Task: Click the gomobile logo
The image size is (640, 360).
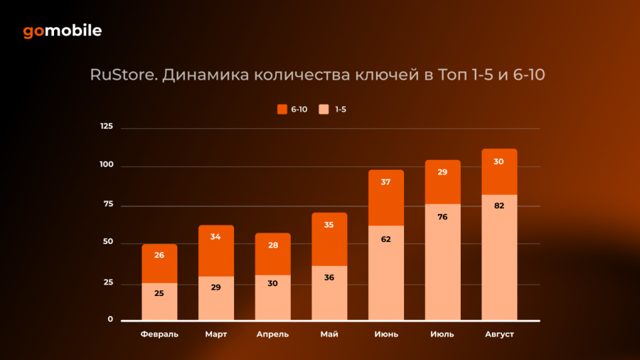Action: tap(62, 31)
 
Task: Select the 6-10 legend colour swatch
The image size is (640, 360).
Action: tap(282, 109)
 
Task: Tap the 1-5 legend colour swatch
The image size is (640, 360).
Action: tap(324, 109)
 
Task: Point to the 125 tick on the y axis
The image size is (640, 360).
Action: tap(107, 127)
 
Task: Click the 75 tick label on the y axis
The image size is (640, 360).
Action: tap(108, 204)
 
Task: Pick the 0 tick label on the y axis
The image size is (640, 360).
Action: tap(110, 319)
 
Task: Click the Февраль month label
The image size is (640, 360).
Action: tap(159, 334)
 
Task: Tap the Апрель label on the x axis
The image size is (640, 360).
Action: tap(272, 334)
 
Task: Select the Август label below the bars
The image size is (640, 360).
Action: tap(499, 334)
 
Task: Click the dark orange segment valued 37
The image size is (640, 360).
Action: tap(386, 198)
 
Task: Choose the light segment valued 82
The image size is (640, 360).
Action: tap(499, 257)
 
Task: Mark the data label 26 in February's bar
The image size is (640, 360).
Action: tap(159, 255)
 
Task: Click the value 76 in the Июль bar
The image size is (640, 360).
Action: tap(442, 216)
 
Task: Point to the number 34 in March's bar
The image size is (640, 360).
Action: tap(216, 237)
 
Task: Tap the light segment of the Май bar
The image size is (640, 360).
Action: tap(329, 292)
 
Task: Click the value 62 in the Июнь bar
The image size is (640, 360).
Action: tap(386, 239)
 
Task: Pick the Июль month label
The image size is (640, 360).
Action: tap(442, 334)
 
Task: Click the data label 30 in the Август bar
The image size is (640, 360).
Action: tap(499, 162)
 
